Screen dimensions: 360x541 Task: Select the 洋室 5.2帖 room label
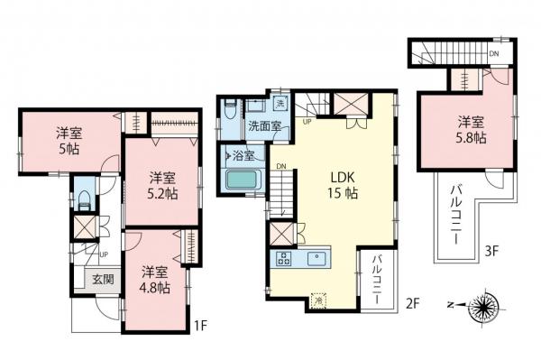pos(163,185)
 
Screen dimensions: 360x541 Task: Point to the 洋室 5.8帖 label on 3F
pos(470,130)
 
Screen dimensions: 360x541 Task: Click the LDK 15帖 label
pos(342,184)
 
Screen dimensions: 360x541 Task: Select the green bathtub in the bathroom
pos(241,180)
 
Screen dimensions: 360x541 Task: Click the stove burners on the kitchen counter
pos(283,259)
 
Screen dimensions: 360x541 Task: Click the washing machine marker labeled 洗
pos(280,102)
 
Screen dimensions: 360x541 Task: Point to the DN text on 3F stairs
pos(493,55)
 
